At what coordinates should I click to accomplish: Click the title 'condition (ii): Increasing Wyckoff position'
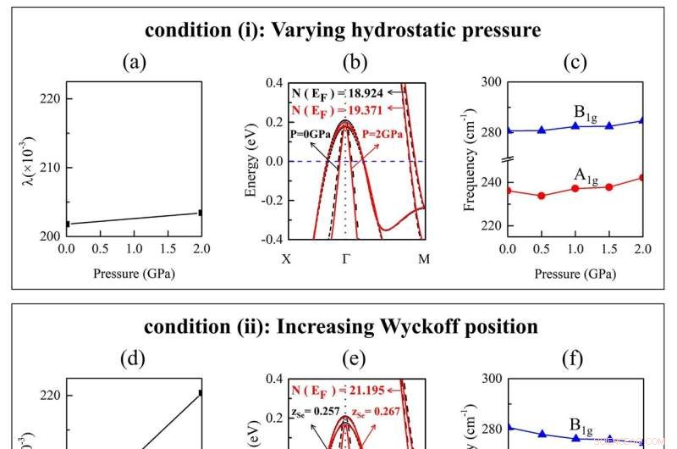(x=340, y=326)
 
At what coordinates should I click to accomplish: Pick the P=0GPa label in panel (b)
(x=310, y=134)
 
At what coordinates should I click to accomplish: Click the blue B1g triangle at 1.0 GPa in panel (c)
(x=575, y=126)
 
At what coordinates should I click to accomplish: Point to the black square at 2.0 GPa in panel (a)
(x=201, y=213)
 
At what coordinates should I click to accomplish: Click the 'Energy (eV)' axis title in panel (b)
(x=250, y=161)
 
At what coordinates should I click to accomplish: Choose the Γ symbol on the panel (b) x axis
(x=346, y=258)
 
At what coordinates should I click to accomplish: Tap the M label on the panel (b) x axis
(x=424, y=258)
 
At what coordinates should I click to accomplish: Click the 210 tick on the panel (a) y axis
(x=51, y=167)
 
